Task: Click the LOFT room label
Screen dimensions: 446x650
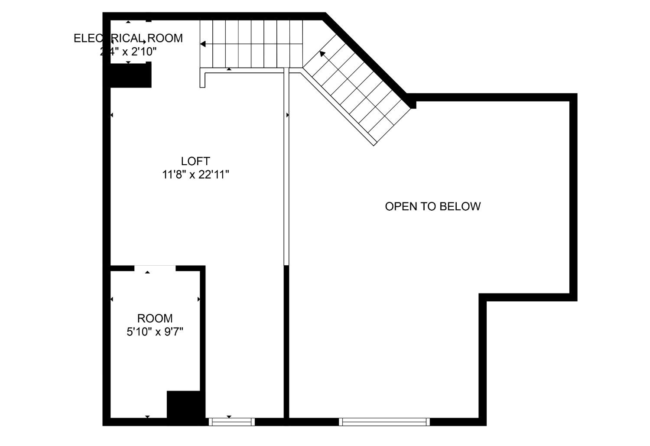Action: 195,161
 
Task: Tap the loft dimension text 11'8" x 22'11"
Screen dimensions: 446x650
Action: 195,175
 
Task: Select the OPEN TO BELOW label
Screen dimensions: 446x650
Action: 432,206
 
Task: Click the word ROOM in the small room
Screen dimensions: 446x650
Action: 155,319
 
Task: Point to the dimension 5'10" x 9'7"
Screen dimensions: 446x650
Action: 155,332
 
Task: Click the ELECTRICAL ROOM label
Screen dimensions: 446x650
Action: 128,38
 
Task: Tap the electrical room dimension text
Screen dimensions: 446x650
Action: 128,52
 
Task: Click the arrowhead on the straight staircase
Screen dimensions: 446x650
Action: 202,44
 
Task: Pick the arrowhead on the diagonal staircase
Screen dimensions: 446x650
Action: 322,53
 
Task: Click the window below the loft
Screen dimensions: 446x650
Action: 231,421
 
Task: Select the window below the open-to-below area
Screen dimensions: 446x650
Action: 384,421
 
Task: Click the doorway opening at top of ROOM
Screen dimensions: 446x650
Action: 155,268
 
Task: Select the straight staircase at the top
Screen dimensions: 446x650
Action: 251,43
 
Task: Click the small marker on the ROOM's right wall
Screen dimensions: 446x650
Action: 199,299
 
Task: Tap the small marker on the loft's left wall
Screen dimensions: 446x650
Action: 112,115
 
